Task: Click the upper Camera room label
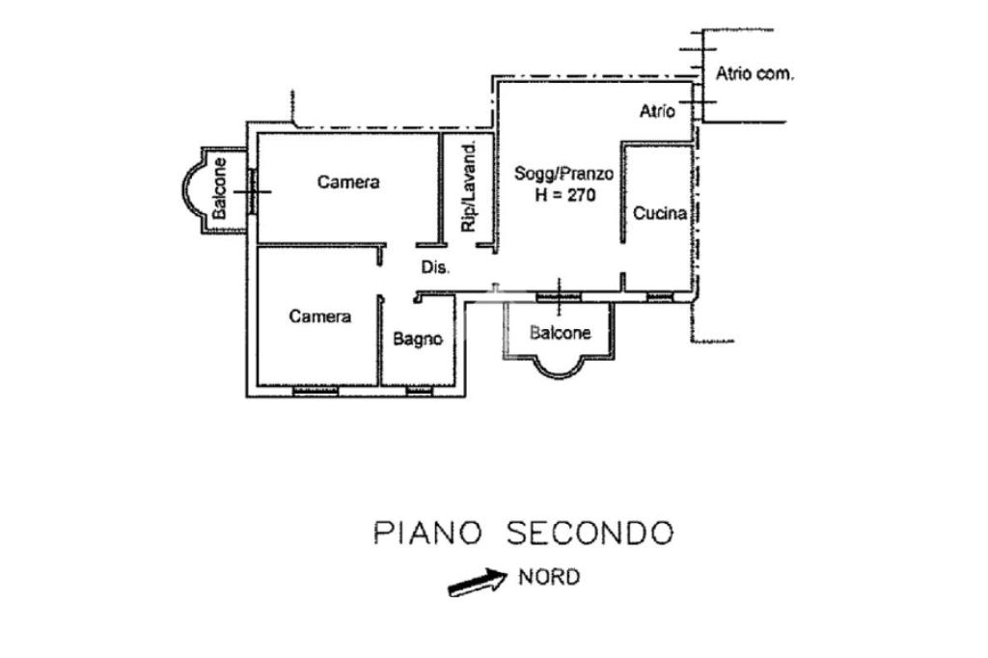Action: [x=348, y=181]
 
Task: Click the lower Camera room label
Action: [x=320, y=316]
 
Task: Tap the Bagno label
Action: [x=418, y=339]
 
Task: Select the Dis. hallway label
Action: [x=435, y=268]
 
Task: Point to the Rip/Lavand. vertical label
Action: [x=470, y=187]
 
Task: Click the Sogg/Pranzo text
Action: [x=564, y=175]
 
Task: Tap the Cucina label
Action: [x=660, y=213]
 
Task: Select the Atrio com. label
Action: [x=755, y=74]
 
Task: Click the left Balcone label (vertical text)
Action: [x=220, y=187]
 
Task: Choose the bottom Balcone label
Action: [x=560, y=333]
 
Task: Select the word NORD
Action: [x=550, y=577]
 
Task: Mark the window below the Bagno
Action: [x=418, y=391]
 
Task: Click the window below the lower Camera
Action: [x=315, y=391]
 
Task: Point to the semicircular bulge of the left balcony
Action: [x=186, y=189]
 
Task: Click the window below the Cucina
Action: [x=660, y=295]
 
